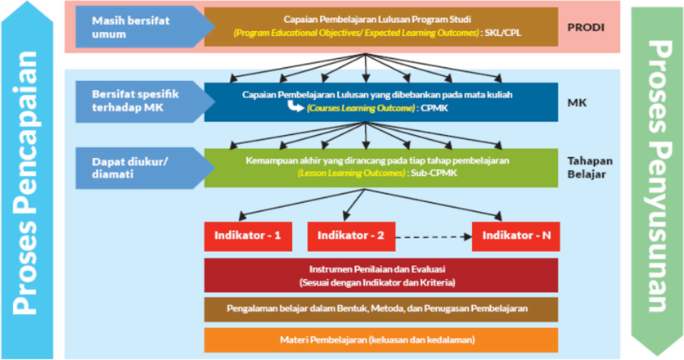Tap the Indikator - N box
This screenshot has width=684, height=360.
coord(515,236)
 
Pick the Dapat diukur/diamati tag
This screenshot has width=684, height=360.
coord(129,167)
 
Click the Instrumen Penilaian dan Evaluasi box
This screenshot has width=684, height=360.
coord(380,276)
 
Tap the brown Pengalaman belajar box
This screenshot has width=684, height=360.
coord(380,309)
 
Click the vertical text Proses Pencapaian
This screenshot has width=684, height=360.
coord(31,180)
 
